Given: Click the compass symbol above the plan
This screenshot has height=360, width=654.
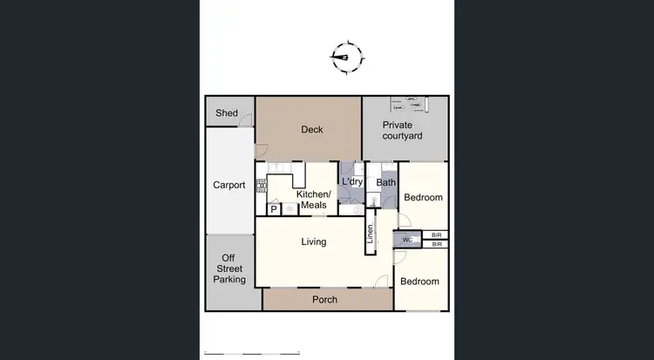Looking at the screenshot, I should pos(346,58).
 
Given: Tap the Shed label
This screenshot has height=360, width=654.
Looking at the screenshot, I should pos(228,113).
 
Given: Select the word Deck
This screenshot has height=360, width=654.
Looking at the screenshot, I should pos(312,130).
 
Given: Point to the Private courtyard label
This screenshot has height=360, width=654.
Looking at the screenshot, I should pos(403,131).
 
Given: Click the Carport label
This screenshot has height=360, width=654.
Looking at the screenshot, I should pos(229,185).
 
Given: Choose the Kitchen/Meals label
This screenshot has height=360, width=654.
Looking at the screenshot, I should pos(313,200).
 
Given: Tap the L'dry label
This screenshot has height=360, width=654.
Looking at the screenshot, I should pos(352,181).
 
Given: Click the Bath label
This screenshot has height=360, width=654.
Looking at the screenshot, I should pos(386,183).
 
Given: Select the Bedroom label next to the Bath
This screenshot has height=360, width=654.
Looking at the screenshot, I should pos(423,197).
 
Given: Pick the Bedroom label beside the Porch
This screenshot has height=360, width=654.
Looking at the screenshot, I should pos(419,282).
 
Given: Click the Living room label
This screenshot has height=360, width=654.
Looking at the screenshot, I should pos(314,241).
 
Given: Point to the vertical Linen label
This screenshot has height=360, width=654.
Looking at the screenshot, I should pos(370,234).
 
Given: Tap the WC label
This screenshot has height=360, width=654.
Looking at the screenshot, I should pos(407,241).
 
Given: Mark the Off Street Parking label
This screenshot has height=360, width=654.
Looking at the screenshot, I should pos(233,269).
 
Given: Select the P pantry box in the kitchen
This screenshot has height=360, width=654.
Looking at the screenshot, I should pos(273,209).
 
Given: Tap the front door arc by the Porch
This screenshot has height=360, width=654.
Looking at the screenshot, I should pos(380,282).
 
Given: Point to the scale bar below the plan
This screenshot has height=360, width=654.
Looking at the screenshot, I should pos(251,352).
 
